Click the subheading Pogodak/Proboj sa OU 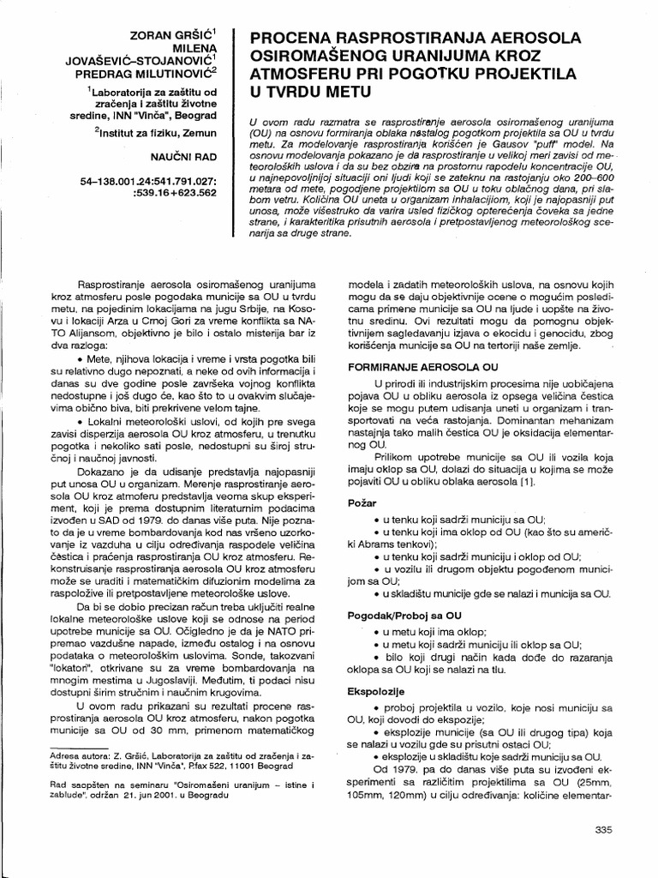(x=394, y=615)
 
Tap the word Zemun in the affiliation (x=196, y=134)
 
